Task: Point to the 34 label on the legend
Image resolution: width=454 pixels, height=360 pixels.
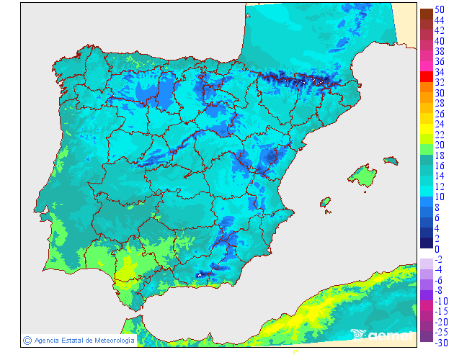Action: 439,72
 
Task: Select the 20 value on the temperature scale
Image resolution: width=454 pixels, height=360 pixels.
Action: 439,145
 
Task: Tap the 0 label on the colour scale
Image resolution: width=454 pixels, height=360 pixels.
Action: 437,249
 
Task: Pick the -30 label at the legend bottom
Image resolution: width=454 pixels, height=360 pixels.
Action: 439,343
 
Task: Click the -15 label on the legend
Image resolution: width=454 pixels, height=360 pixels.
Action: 439,311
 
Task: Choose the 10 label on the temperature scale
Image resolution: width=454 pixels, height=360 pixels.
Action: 439,197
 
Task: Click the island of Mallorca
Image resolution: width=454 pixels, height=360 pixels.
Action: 362,176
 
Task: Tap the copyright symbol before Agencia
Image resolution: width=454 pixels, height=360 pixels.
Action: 27,340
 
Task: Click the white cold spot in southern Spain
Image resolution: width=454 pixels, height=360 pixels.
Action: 199,274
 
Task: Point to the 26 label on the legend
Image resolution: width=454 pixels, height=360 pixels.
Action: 439,114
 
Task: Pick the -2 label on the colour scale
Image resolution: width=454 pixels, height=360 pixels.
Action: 439,259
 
